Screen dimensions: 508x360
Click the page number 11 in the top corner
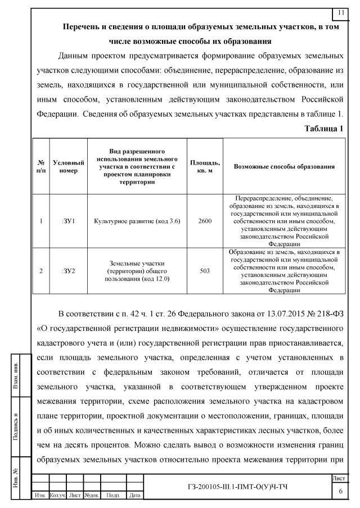(x=341, y=13)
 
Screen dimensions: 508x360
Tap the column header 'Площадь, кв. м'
(x=205, y=166)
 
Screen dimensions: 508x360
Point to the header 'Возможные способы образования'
(x=285, y=166)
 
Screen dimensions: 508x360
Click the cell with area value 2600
(x=205, y=221)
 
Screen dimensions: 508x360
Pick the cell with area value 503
(x=205, y=271)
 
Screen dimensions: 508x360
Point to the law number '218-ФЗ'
(x=323, y=313)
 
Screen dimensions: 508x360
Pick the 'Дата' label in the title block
(x=134, y=495)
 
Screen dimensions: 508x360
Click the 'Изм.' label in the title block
(x=40, y=495)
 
